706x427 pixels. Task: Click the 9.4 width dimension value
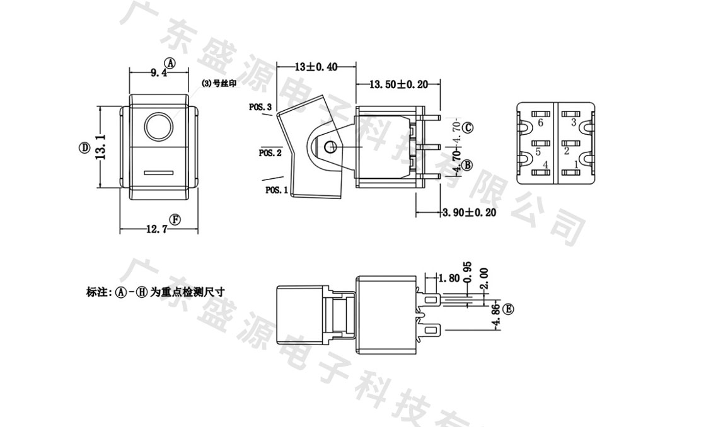(158, 73)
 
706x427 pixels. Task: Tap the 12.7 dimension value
(157, 230)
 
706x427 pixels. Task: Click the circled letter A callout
(169, 62)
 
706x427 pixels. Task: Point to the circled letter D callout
(84, 147)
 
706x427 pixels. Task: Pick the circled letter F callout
(175, 219)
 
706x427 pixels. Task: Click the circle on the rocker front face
(158, 127)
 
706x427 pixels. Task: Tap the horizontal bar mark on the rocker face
(158, 171)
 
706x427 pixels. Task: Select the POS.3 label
(260, 108)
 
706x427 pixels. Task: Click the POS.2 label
(270, 152)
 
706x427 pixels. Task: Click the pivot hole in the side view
(328, 147)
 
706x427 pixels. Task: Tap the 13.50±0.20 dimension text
(398, 84)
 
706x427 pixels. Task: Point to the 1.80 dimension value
(448, 277)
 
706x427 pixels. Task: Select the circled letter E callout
(509, 309)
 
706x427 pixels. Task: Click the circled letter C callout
(467, 128)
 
